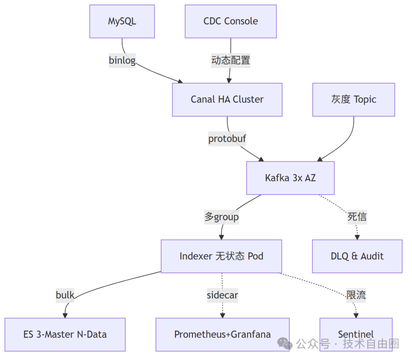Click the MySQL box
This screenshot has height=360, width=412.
pos(122,21)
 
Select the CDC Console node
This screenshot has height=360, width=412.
pos(230,21)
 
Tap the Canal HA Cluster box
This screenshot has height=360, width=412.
pos(227,100)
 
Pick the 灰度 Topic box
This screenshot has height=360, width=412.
pos(353,100)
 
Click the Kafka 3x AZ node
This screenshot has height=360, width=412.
pos(290,178)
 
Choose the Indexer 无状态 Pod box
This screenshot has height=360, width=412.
pos(221,256)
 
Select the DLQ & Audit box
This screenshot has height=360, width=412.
pos(357,256)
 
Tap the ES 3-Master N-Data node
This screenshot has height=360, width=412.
pos(65,334)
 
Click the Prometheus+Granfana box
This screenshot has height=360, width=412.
pos(222,334)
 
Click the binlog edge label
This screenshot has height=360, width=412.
pos(122,60)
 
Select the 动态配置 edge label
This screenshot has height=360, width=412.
pos(231,60)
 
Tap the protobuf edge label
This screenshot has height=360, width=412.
pos(227,138)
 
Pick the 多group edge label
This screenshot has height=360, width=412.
pos(222,217)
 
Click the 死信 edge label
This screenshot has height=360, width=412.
pos(357,217)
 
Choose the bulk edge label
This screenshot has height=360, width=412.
pos(65,295)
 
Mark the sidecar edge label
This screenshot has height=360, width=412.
pos(222,295)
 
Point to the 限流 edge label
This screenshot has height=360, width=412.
pos(356,295)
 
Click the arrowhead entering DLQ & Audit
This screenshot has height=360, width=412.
pos(357,237)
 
